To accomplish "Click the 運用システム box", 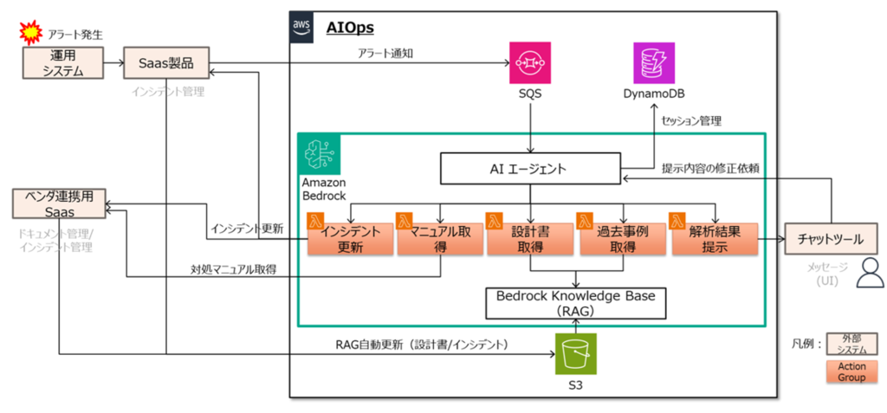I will coord(63,64).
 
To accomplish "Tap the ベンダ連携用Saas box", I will coord(60,205).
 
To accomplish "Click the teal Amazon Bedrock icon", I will coord(320,156).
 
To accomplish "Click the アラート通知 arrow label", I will coord(386,54).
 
